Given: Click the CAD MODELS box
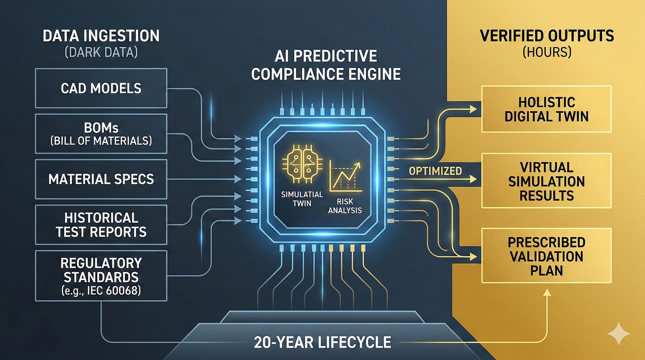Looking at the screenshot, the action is pyautogui.click(x=101, y=88).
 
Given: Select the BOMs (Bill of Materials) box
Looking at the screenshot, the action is pyautogui.click(x=101, y=134).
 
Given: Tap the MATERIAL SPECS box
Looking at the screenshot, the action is pyautogui.click(x=101, y=179).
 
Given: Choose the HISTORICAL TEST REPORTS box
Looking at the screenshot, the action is pyautogui.click(x=101, y=224).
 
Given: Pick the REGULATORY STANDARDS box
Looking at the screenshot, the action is pyautogui.click(x=101, y=275).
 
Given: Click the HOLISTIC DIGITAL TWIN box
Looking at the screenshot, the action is pyautogui.click(x=546, y=109).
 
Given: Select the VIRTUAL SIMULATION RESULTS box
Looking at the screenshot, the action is pyautogui.click(x=546, y=181).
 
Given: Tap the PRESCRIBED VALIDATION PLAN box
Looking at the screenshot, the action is pyautogui.click(x=546, y=256).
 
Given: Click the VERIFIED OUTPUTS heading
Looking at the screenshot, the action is pyautogui.click(x=547, y=35).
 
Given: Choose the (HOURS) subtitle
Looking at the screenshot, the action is pyautogui.click(x=547, y=52).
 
